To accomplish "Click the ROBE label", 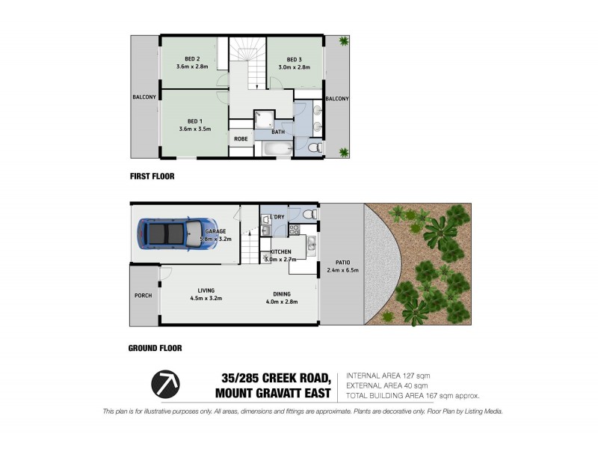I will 241,138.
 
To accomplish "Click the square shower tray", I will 263,118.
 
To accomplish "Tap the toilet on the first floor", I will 315,149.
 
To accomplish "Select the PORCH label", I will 143,295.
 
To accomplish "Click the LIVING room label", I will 206,290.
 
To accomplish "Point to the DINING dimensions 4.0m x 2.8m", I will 283,302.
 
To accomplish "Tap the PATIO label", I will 343,262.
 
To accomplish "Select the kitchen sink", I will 310,242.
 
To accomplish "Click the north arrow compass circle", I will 165,385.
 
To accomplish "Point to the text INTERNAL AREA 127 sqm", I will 388,376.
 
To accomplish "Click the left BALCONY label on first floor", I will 144,97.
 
